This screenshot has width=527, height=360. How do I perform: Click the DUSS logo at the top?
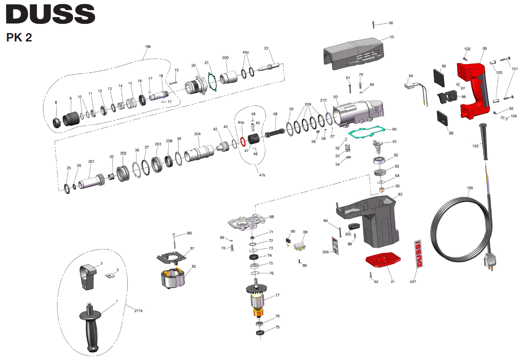click(50, 14)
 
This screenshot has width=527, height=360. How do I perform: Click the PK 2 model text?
click(19, 38)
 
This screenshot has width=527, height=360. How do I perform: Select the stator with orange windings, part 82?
click(173, 278)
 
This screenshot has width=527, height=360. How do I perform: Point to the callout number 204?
click(197, 134)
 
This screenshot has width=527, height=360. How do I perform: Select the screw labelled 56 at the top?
click(373, 24)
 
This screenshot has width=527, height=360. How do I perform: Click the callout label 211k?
click(139, 310)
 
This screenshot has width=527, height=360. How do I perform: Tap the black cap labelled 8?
click(57, 123)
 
